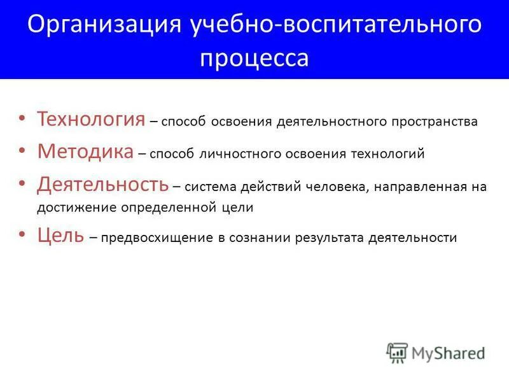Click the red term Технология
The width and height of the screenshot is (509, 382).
(91, 119)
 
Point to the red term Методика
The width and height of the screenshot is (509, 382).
(85, 152)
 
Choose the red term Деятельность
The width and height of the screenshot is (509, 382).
(102, 185)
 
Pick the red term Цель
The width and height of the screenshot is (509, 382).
(60, 236)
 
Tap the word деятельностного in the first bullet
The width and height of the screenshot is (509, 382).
(323, 122)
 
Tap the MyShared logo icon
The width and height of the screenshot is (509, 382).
(397, 352)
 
